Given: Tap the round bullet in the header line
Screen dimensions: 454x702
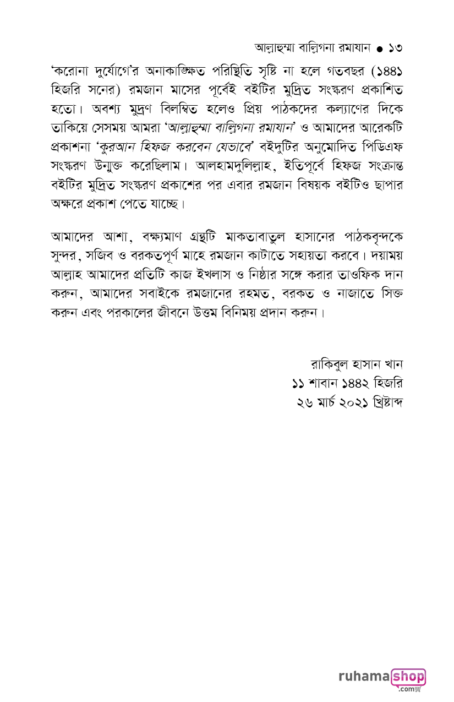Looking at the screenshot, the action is point(380,49).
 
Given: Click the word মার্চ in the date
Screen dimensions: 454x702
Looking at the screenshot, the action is point(332,402).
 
